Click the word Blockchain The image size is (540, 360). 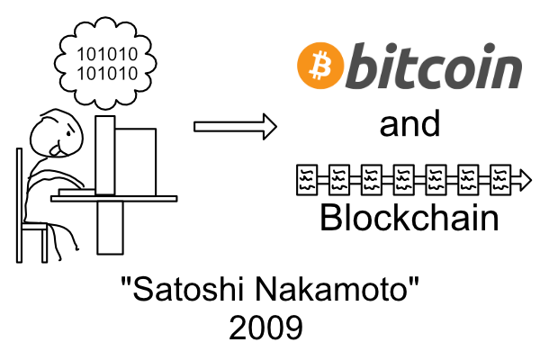tap(409, 217)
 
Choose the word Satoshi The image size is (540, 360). tap(184, 292)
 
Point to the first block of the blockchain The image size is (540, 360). tap(306, 181)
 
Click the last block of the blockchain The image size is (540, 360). tap(499, 181)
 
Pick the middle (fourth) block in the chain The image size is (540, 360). tap(403, 181)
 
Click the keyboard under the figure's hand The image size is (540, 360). tap(77, 191)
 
